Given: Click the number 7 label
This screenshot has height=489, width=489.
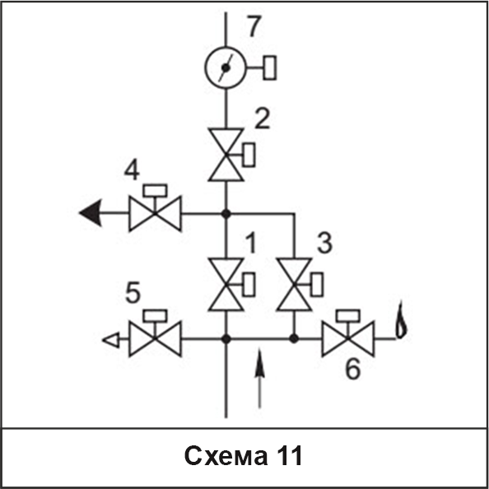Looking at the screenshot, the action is [x=254, y=26].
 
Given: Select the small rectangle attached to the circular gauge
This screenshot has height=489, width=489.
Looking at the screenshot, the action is [x=270, y=68].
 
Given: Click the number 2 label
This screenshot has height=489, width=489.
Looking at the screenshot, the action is [x=262, y=119].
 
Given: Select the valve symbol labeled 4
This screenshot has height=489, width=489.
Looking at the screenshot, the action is [x=155, y=213].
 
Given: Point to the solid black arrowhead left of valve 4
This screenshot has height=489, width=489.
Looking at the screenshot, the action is [x=91, y=213].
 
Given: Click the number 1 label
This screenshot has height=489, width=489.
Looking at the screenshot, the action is [x=251, y=244].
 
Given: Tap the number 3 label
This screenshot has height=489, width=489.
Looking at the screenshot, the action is [x=324, y=243].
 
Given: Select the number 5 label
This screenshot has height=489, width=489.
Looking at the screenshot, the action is [x=133, y=293].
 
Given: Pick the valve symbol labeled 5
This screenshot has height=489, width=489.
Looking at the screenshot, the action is [x=155, y=338].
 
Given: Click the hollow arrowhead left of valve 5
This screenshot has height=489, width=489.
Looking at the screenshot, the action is [x=111, y=340].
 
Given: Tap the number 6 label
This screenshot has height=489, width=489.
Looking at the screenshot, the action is [x=352, y=370].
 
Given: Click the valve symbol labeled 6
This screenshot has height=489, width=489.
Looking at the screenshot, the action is [x=348, y=338].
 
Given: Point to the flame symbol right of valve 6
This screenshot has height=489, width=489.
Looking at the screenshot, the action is [x=401, y=320].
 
